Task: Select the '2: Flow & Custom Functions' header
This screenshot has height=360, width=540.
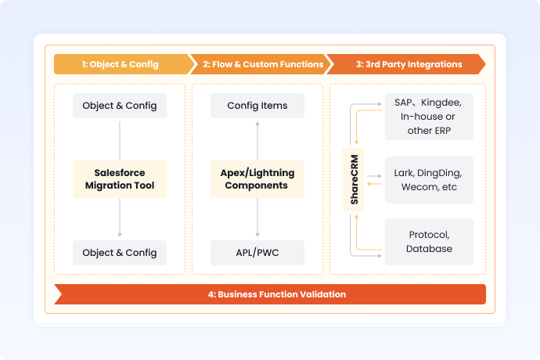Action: [263, 64]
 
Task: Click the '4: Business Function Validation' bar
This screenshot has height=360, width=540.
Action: [270, 294]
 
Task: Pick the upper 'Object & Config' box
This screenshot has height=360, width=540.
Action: [120, 106]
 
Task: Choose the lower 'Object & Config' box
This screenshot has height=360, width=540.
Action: [120, 253]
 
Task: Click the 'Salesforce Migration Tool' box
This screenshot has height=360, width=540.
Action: [120, 179]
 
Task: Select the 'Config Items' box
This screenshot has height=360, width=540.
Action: [257, 106]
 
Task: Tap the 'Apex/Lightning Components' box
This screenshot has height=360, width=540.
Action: [257, 179]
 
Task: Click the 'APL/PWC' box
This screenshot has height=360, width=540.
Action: [257, 253]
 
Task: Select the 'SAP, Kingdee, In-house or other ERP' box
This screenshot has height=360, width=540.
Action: [429, 117]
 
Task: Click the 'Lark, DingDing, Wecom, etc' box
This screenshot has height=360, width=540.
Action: [429, 179]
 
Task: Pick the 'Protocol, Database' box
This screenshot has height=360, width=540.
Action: [429, 241]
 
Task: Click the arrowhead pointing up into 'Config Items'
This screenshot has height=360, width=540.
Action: [257, 122]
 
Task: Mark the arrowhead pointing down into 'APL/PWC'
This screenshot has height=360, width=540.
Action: [257, 236]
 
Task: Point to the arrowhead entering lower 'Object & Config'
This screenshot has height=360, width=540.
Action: [120, 236]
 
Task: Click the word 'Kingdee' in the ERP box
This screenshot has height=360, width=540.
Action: [451, 103]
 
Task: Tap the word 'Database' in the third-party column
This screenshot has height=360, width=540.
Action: [429, 249]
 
